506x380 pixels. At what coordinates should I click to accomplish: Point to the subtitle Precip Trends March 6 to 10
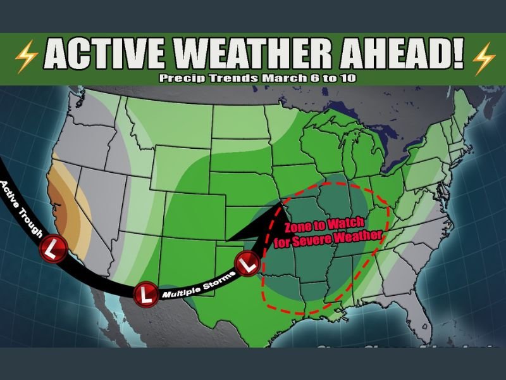(252, 79)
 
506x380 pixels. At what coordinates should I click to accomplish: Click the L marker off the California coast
(51, 248)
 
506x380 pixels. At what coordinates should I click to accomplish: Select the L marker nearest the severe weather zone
(247, 261)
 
